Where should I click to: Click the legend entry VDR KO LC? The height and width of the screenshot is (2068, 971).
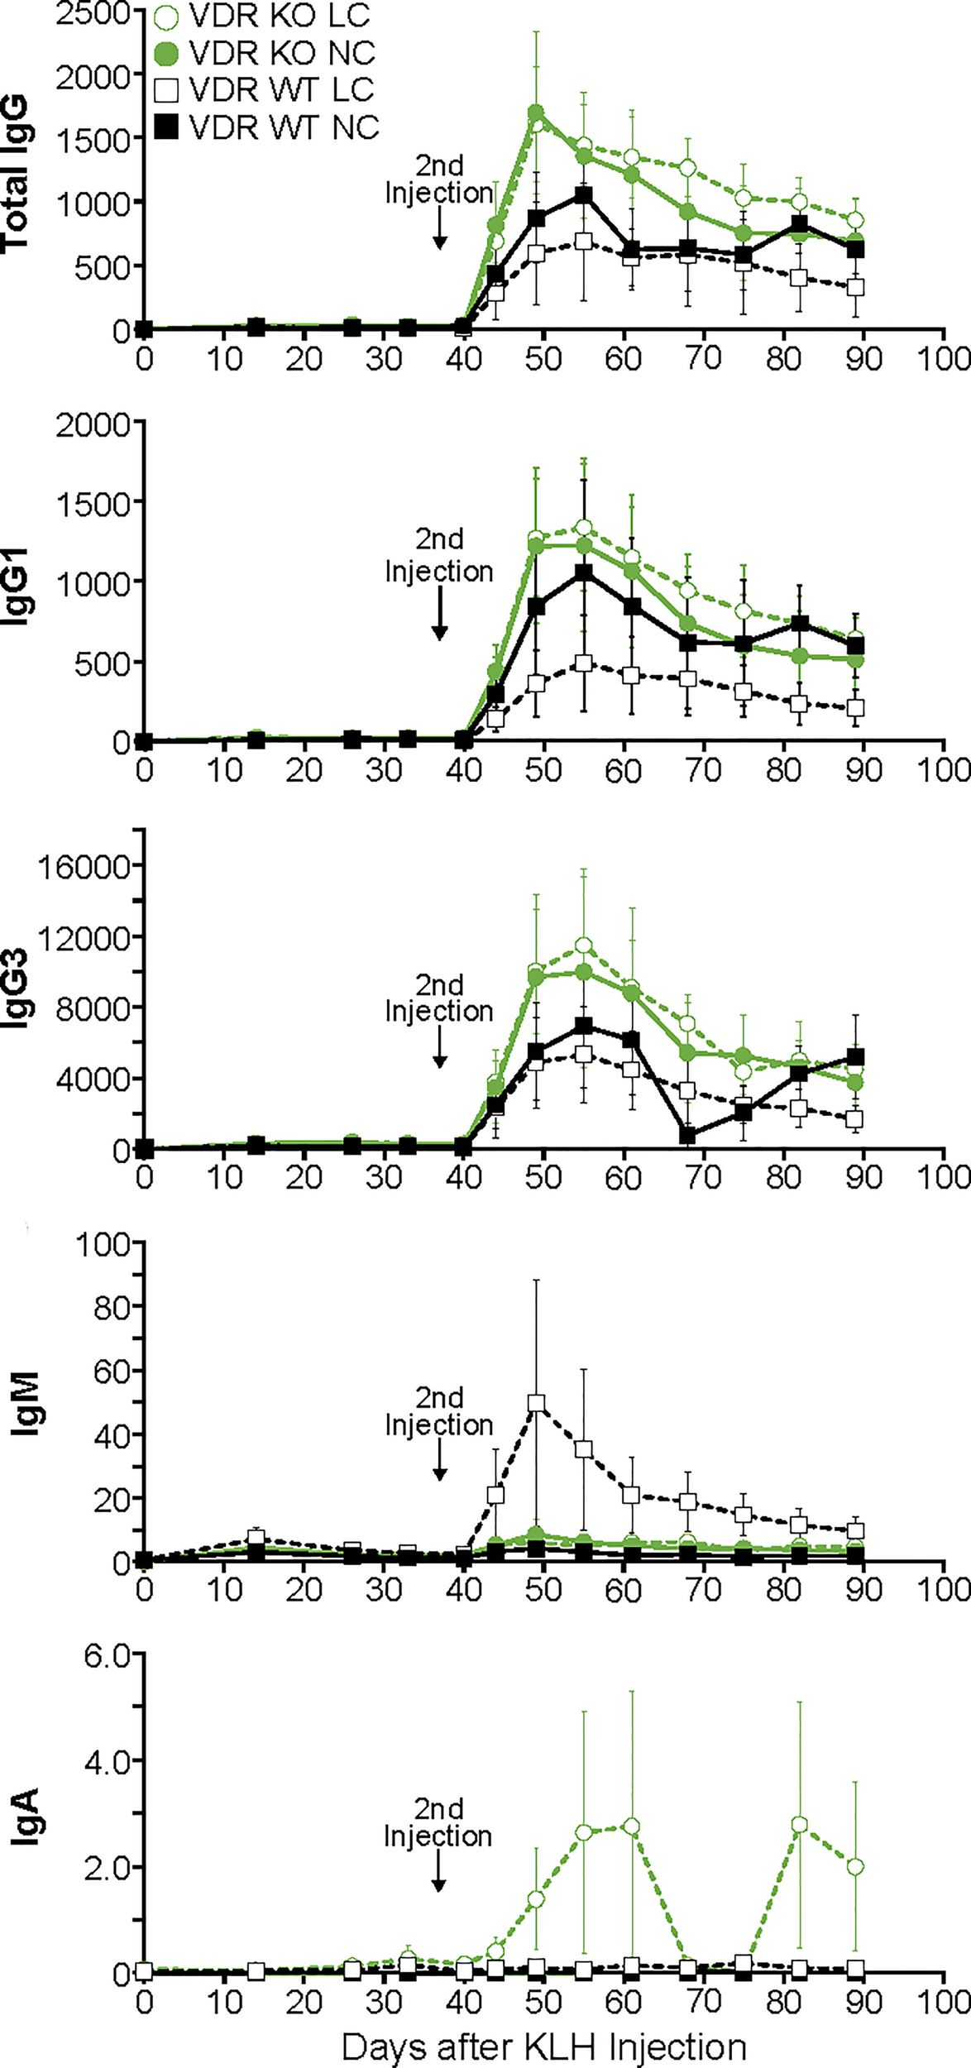[265, 16]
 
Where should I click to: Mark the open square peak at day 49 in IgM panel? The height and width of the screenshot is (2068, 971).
[536, 1404]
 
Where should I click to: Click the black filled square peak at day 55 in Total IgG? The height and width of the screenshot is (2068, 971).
[584, 195]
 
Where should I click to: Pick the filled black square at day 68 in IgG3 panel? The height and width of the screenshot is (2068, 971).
[686, 1135]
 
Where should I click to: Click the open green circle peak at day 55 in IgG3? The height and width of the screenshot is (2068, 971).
[584, 945]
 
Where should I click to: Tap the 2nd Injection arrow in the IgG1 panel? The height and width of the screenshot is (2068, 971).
[440, 620]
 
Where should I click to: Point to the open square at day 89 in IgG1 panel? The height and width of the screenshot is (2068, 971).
[856, 708]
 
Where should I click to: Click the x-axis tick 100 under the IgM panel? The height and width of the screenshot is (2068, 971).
[943, 1588]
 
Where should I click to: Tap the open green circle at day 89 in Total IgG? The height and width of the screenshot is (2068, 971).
[856, 220]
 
